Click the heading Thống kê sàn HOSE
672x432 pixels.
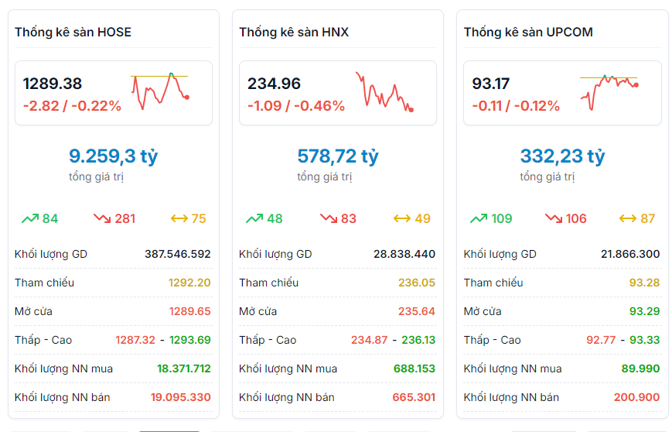pyautogui.click(x=73, y=33)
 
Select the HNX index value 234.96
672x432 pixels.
pyautogui.click(x=274, y=84)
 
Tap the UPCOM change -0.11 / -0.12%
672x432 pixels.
pyautogui.click(x=516, y=106)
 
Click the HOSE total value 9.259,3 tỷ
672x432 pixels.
pyautogui.click(x=113, y=156)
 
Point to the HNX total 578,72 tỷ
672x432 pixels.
pyautogui.click(x=338, y=156)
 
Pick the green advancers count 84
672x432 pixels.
pyautogui.click(x=50, y=218)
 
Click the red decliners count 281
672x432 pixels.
pyautogui.click(x=125, y=218)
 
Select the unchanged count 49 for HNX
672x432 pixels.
pyautogui.click(x=422, y=218)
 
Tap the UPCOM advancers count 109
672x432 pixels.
pyautogui.click(x=501, y=218)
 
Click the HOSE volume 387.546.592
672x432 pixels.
pyautogui.click(x=177, y=254)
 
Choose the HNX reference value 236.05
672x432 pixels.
pyautogui.click(x=417, y=283)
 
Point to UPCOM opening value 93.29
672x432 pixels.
pyautogui.click(x=644, y=311)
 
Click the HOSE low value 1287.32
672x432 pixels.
pyautogui.click(x=135, y=340)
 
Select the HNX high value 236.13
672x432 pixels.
pyautogui.click(x=418, y=340)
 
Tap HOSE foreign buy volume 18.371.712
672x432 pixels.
pyautogui.click(x=184, y=369)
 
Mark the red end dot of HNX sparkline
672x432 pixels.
pyautogui.click(x=411, y=110)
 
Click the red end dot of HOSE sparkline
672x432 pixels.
pyautogui.click(x=187, y=97)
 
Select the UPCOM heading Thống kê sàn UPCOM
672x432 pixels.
pyautogui.click(x=528, y=33)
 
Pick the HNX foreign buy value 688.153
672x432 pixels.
pyautogui.click(x=414, y=369)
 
